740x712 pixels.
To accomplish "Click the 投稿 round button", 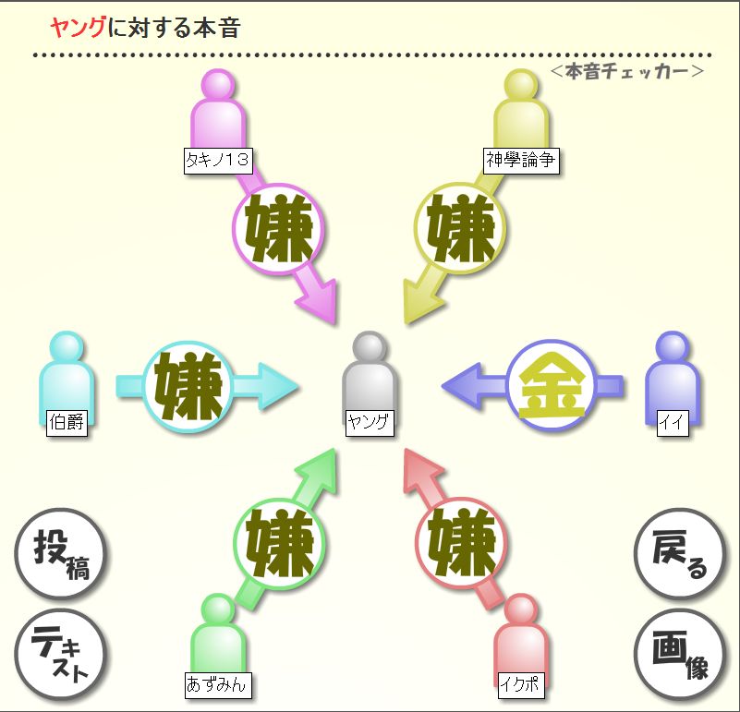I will (61, 555).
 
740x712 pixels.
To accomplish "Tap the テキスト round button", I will (61, 654).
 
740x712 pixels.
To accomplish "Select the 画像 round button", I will (680, 654).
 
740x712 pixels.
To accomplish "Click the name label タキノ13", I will (218, 160).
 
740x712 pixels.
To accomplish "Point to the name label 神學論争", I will (521, 160).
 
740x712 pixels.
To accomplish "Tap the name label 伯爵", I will (67, 423).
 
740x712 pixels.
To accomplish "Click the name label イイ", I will (670, 423).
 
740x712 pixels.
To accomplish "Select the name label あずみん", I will (218, 685).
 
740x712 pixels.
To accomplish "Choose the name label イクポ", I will (520, 685).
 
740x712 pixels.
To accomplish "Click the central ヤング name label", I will (370, 423).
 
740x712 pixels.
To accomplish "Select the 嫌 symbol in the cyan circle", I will (189, 386).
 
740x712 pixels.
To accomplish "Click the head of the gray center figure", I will (370, 348).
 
